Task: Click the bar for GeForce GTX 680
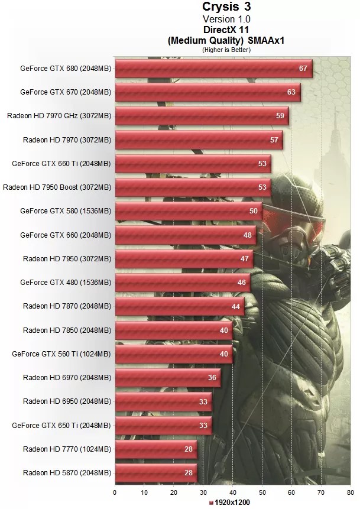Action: [x=213, y=69]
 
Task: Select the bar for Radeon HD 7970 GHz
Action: [x=201, y=116]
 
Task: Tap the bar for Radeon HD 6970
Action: [x=167, y=378]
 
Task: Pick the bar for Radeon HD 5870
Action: [x=155, y=473]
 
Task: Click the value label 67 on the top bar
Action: [x=303, y=69]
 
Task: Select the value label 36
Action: [x=212, y=378]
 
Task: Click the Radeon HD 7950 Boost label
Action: [x=57, y=187]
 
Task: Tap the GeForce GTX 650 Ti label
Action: [x=61, y=425]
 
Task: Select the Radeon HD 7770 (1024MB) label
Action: [x=67, y=449]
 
